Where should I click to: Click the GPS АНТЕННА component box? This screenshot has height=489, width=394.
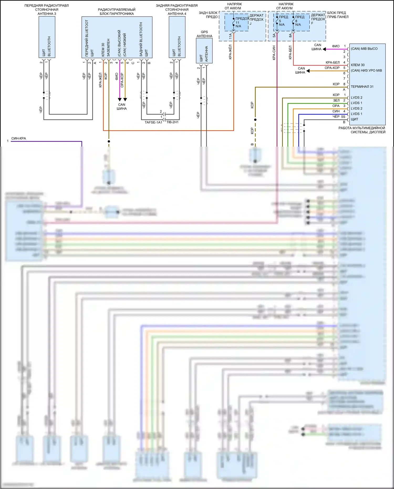click(x=204, y=51)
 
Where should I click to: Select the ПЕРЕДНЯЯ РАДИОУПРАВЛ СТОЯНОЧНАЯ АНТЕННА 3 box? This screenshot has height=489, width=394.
click(x=47, y=37)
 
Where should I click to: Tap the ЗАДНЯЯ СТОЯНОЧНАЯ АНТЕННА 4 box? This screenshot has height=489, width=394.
click(x=177, y=37)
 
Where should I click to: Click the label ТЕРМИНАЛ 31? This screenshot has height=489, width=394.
click(x=362, y=87)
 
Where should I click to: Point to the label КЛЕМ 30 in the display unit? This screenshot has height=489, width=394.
click(x=357, y=65)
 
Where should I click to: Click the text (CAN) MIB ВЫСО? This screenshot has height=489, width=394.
click(x=364, y=49)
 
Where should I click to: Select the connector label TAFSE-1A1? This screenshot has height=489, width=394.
click(x=153, y=122)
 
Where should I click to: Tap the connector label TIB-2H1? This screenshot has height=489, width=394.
click(x=173, y=122)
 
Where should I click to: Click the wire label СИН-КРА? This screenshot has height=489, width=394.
click(x=19, y=138)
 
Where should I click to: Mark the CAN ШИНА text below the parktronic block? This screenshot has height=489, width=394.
click(x=122, y=106)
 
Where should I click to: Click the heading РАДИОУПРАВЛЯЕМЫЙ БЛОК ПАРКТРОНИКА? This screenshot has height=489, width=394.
click(x=117, y=12)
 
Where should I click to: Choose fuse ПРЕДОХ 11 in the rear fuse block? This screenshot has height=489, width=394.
click(x=237, y=23)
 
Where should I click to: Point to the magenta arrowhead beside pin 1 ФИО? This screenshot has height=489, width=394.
click(x=324, y=49)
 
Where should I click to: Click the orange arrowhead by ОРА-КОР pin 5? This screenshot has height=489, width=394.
click(x=308, y=71)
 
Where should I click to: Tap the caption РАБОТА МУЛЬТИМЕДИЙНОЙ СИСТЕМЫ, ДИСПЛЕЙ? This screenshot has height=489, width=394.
click(x=362, y=130)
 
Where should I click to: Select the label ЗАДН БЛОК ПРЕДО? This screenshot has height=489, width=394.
click(x=208, y=15)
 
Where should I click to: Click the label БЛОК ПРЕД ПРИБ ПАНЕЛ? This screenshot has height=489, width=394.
click(x=338, y=15)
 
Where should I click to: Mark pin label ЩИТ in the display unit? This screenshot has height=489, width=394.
click(x=354, y=119)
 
